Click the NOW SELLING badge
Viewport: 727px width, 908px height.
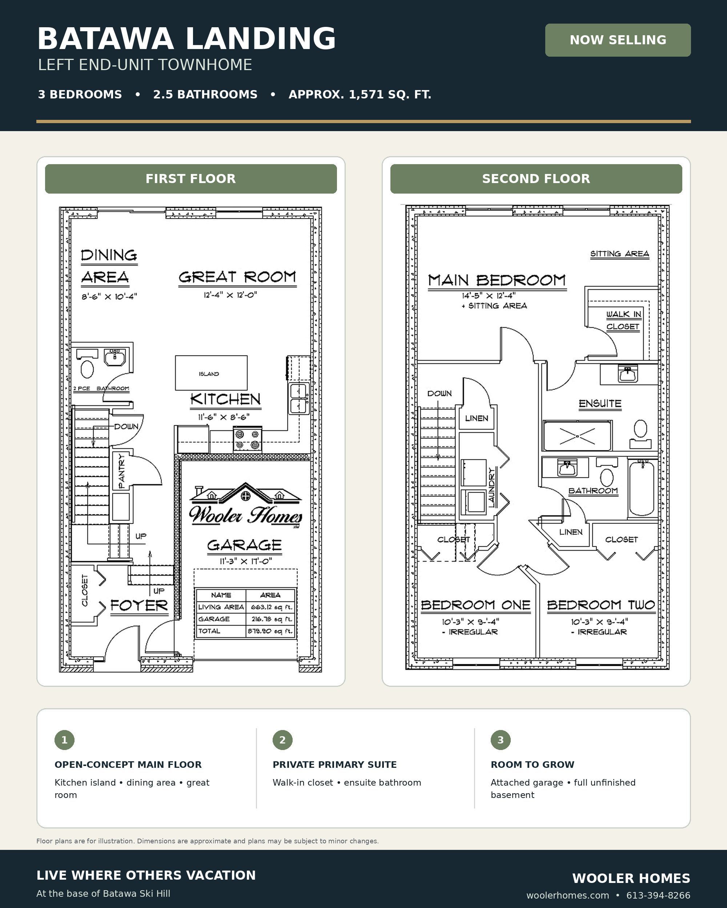[618, 40]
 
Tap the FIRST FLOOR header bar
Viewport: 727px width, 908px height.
[191, 179]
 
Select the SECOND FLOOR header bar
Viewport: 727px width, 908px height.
[536, 179]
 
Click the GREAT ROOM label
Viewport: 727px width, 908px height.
[237, 277]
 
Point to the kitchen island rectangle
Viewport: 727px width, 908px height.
[211, 373]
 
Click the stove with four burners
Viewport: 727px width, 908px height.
[248, 439]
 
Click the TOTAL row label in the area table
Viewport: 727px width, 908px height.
[209, 631]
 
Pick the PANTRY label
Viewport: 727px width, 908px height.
[122, 471]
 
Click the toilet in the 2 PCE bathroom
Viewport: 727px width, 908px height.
[87, 369]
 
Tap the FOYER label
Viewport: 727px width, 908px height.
[139, 605]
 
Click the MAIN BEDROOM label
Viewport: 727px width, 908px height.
[497, 280]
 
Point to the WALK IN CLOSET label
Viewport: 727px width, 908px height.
[623, 320]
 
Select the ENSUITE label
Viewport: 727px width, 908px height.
[600, 404]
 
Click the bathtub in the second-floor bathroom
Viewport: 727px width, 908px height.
[642, 488]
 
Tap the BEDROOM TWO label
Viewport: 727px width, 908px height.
[601, 605]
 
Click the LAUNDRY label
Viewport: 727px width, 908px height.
[491, 487]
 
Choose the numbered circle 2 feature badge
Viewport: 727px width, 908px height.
[282, 739]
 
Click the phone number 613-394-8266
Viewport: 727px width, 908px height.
[658, 895]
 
